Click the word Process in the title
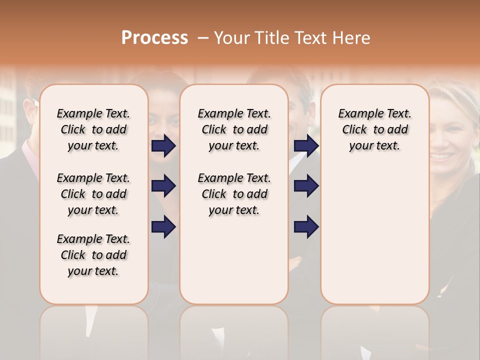(154, 38)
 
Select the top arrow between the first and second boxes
(163, 146)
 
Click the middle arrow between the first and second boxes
(163, 186)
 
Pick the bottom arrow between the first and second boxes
(163, 226)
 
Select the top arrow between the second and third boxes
(306, 146)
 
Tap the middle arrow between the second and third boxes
(306, 186)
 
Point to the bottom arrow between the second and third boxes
(306, 226)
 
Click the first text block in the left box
(93, 129)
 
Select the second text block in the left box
(93, 194)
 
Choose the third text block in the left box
(93, 255)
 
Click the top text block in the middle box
(234, 129)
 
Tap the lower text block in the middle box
(234, 194)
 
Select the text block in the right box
(374, 129)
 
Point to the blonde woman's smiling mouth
(443, 156)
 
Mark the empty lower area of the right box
(374, 235)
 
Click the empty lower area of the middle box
(234, 260)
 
